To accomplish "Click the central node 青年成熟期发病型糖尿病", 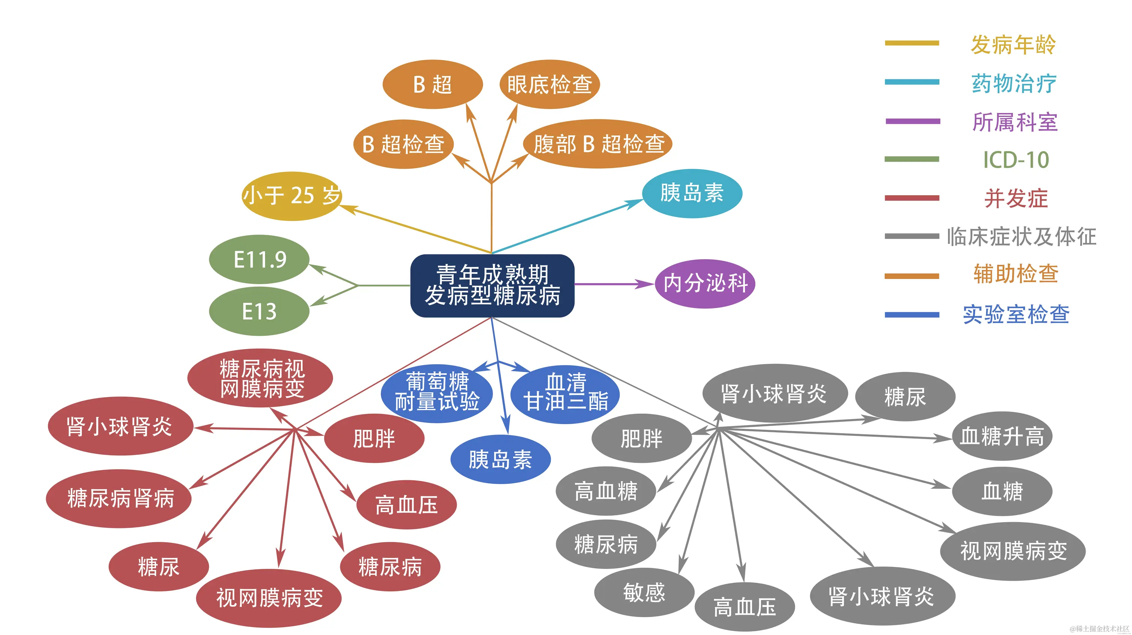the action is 492,285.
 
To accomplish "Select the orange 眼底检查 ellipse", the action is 549,84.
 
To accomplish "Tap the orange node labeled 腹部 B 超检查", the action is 598,144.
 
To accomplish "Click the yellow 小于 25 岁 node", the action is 292,196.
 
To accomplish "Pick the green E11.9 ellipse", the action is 259,260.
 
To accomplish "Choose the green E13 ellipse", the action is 259,312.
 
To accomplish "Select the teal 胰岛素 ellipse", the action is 692,193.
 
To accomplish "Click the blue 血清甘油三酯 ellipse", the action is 566,393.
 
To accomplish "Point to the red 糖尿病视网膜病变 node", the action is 261,378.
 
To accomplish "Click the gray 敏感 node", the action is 644,592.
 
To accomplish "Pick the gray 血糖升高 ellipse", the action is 1002,436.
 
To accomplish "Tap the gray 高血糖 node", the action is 606,491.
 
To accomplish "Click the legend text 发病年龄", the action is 1013,45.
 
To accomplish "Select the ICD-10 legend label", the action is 1016,160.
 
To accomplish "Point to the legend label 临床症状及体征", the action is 1021,237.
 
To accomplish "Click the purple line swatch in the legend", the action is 912,121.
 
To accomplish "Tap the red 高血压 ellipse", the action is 407,505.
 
